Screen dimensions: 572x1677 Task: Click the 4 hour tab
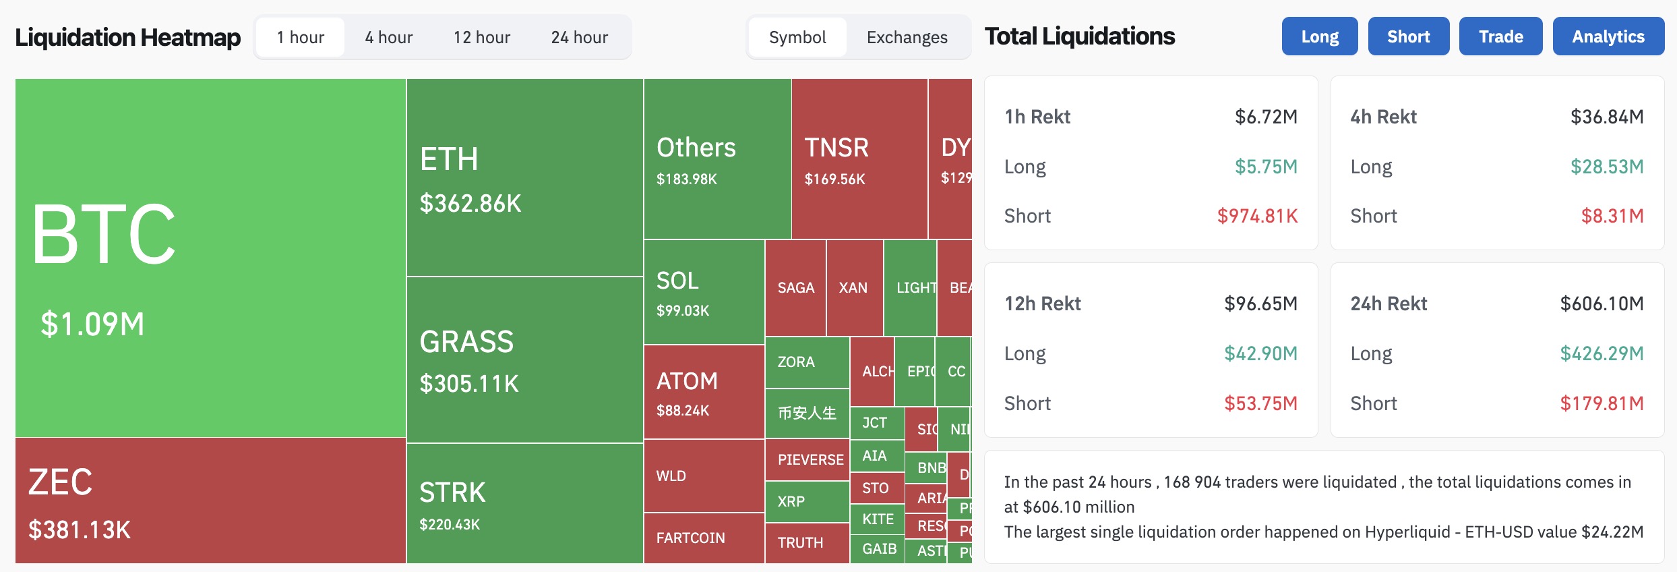388,37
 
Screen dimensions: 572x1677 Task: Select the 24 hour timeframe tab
579,37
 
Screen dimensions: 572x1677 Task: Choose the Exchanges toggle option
907,37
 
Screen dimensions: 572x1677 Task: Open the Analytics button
1608,36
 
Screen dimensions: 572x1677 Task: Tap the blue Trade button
1500,36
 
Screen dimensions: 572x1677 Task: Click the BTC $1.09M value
92,324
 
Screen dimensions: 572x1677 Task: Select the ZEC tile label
60,482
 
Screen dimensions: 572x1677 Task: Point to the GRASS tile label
466,342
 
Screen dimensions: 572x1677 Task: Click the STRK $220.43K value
450,524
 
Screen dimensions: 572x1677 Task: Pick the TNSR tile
859,159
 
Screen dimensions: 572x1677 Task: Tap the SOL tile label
677,281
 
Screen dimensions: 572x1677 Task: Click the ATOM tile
704,392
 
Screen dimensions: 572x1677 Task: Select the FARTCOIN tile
704,538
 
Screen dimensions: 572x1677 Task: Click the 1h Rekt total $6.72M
1265,117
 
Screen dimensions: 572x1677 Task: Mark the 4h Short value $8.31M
1612,216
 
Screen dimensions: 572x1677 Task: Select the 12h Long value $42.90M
1260,353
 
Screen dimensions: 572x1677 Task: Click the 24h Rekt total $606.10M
1601,304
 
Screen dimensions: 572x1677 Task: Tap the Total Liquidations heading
1079,36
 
